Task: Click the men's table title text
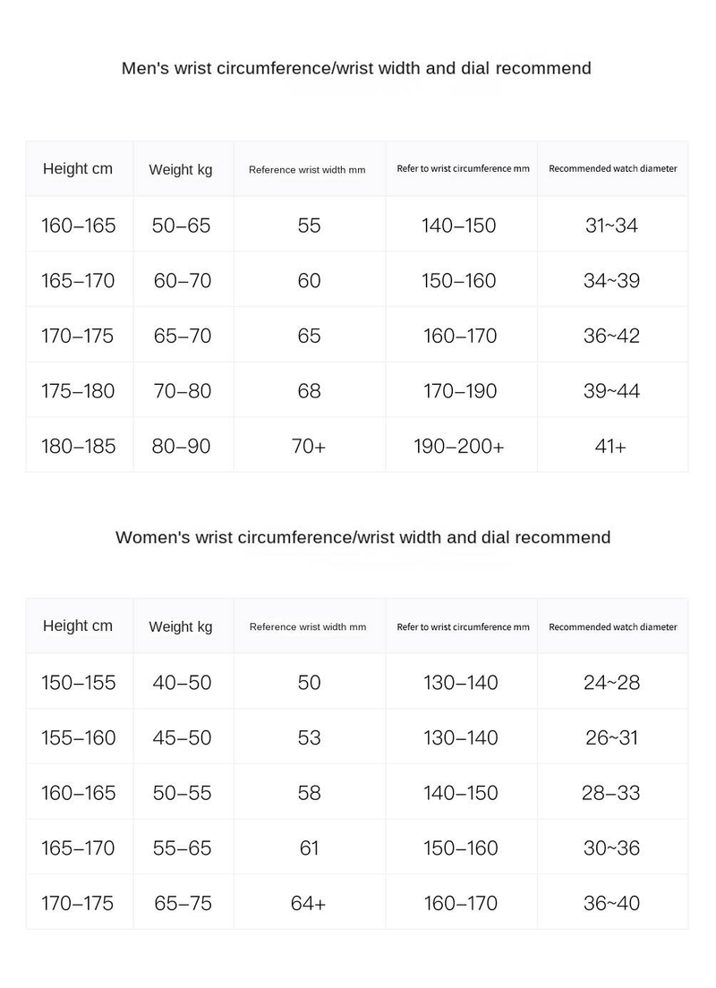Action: pyautogui.click(x=356, y=68)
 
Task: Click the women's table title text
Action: pyautogui.click(x=362, y=537)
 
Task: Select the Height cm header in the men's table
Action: pyautogui.click(x=78, y=168)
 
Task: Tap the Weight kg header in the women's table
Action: pyautogui.click(x=181, y=626)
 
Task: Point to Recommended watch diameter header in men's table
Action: pyautogui.click(x=612, y=168)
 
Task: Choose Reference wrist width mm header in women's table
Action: pyautogui.click(x=307, y=626)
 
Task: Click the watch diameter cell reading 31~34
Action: pyautogui.click(x=611, y=226)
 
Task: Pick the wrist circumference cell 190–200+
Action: pyautogui.click(x=459, y=446)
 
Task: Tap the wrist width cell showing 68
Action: pyautogui.click(x=309, y=391)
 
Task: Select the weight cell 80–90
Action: pyautogui.click(x=181, y=446)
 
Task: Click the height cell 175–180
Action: pyautogui.click(x=78, y=391)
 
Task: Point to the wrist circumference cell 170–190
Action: pyautogui.click(x=459, y=391)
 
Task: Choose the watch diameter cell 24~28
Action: pyautogui.click(x=611, y=683)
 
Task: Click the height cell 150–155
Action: pyautogui.click(x=78, y=683)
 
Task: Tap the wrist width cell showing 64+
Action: pyautogui.click(x=309, y=903)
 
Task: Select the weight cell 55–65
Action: pyautogui.click(x=182, y=847)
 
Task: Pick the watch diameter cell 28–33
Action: pyautogui.click(x=611, y=793)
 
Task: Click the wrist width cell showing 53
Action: pyautogui.click(x=309, y=737)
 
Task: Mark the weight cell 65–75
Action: pyautogui.click(x=183, y=903)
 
